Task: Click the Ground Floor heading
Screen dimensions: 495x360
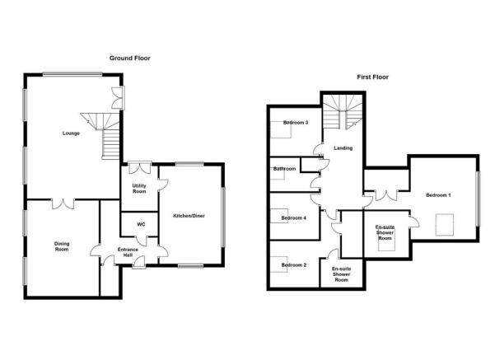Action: click(130, 58)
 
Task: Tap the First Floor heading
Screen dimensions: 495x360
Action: click(372, 77)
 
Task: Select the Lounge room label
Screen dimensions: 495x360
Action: click(71, 133)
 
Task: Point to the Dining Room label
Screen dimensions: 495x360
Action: click(62, 246)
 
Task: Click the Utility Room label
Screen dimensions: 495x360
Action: click(139, 189)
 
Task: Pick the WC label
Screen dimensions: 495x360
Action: click(141, 225)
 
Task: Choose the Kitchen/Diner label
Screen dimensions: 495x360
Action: click(189, 216)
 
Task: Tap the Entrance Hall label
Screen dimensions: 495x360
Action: click(128, 252)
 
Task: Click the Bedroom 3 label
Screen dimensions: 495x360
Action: click(296, 123)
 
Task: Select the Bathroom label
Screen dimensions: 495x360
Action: click(284, 169)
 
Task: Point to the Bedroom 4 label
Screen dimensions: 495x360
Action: click(293, 217)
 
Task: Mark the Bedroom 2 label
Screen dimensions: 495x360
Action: click(294, 265)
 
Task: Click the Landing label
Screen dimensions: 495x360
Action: click(343, 147)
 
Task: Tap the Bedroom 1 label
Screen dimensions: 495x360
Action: click(438, 195)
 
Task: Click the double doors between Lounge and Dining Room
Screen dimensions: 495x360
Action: click(63, 204)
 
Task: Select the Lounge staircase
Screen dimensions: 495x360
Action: click(103, 135)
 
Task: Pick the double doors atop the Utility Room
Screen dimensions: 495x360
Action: click(140, 168)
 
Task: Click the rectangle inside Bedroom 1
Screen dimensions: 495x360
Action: click(445, 225)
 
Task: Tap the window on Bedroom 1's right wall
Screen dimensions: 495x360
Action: click(478, 199)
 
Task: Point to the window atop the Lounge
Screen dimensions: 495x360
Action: click(72, 75)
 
